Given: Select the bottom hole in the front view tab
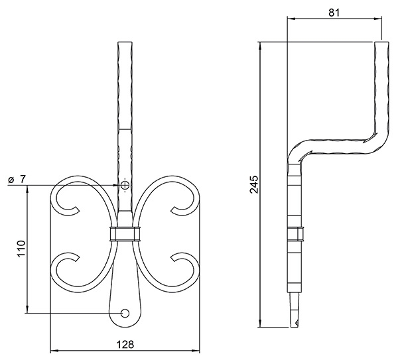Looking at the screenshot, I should point(125,312).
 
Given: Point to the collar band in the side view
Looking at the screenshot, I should point(295,233).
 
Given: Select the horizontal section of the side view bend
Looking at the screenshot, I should point(338,143).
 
